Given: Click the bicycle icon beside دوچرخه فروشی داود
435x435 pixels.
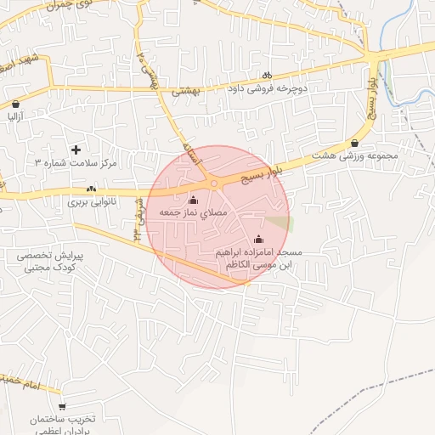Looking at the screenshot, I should pos(268,74).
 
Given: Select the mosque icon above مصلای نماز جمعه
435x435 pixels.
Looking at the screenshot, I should pos(192,201).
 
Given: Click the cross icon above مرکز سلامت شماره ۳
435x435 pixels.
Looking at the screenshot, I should pos(76,149).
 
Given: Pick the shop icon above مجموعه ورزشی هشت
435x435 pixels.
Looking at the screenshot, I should pos(354,144).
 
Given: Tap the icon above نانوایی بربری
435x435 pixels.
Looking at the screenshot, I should pos(91,189).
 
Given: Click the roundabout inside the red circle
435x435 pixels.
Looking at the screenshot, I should pos(214,183).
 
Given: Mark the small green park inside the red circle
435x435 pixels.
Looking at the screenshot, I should pos(280,223).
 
